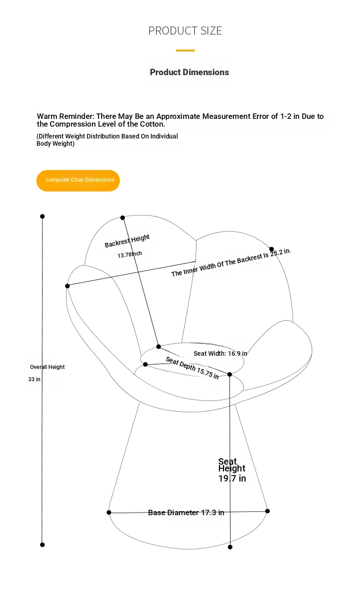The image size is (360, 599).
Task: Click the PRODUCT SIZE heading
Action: pyautogui.click(x=185, y=31)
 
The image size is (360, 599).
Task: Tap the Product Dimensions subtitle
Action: pyautogui.click(x=189, y=72)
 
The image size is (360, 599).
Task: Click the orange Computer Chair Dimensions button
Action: pyautogui.click(x=78, y=180)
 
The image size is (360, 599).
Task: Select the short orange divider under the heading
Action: pyautogui.click(x=185, y=51)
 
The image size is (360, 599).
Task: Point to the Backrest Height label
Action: pyautogui.click(x=127, y=241)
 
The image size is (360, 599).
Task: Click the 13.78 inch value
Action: pyautogui.click(x=129, y=254)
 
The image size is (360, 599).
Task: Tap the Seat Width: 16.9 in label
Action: pyautogui.click(x=220, y=353)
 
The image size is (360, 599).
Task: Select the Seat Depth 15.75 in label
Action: pyautogui.click(x=192, y=368)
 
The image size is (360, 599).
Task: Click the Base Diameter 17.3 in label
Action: pyautogui.click(x=186, y=512)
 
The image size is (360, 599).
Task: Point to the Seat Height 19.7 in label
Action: pyautogui.click(x=232, y=470)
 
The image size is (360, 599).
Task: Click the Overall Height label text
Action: pyautogui.click(x=47, y=367)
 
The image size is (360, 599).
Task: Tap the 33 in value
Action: pyautogui.click(x=34, y=379)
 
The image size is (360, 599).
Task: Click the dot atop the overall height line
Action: pyautogui.click(x=42, y=216)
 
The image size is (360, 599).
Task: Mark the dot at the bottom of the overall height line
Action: pyautogui.click(x=42, y=545)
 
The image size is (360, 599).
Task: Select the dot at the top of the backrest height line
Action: pyautogui.click(x=123, y=218)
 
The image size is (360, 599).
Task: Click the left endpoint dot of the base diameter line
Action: pyautogui.click(x=109, y=512)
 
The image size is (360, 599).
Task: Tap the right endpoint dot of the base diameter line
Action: pyautogui.click(x=267, y=511)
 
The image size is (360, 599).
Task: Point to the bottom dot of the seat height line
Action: pyautogui.click(x=230, y=547)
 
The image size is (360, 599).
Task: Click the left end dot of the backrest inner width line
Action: pyautogui.click(x=67, y=286)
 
